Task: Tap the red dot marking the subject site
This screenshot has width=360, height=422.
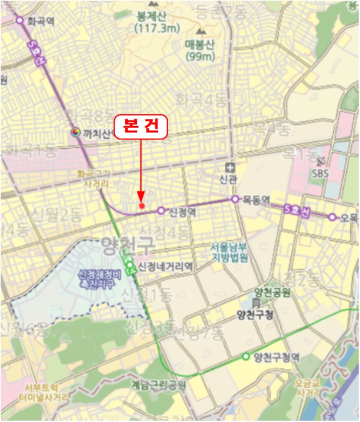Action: [x=142, y=206]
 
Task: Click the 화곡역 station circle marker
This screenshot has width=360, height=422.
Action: [x=20, y=20]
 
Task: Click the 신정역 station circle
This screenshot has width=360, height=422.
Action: [x=161, y=210]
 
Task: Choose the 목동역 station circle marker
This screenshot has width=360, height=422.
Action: [x=235, y=198]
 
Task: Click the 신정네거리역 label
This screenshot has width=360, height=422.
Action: [x=165, y=266]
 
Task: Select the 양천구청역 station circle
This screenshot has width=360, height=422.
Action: [x=246, y=357]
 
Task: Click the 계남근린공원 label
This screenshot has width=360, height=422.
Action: [x=159, y=384]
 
